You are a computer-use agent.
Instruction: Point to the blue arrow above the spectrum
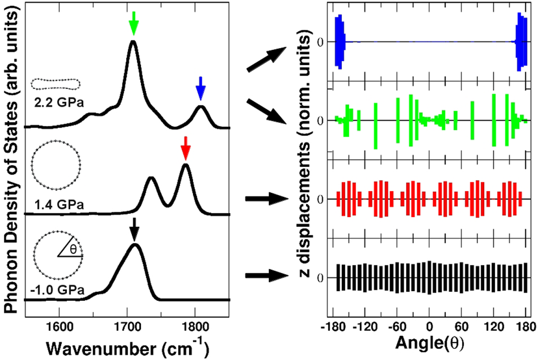point(201,87)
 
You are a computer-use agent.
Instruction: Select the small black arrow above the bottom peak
point(134,229)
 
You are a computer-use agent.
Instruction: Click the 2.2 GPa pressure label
point(55,103)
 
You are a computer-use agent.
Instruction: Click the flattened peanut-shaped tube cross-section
point(56,83)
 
